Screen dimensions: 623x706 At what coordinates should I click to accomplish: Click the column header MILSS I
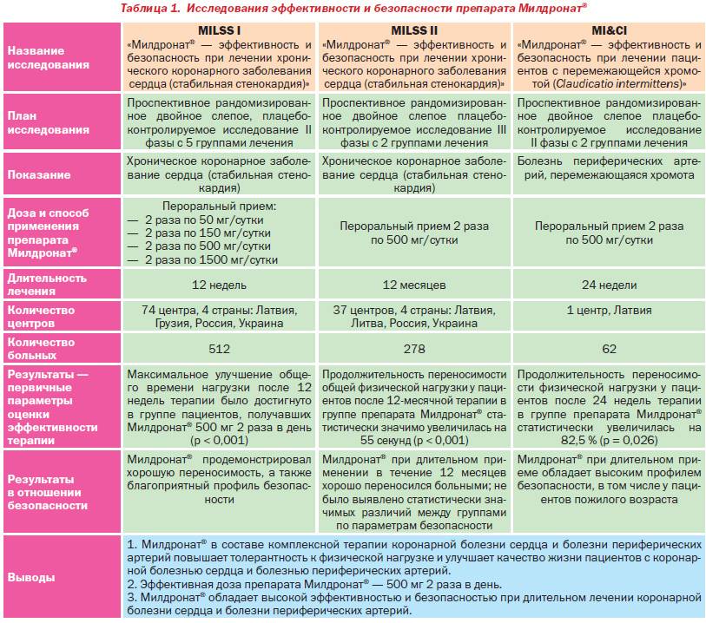point(220,30)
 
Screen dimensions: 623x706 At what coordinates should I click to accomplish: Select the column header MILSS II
point(413,30)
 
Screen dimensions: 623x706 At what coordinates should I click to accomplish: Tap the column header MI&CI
point(609,30)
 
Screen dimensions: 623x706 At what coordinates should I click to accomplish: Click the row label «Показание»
point(40,174)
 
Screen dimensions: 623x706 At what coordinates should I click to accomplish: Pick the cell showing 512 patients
point(220,349)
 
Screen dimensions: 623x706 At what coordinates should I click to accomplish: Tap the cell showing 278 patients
point(413,349)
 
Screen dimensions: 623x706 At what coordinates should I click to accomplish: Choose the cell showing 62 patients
point(609,349)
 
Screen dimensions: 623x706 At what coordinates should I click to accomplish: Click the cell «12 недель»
point(220,285)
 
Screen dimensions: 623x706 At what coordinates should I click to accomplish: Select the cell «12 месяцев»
point(413,285)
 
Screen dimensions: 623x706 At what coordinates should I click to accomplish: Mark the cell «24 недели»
point(609,285)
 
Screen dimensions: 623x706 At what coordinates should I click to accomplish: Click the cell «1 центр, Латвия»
point(609,311)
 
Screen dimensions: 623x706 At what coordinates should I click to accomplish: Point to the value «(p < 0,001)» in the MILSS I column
point(220,440)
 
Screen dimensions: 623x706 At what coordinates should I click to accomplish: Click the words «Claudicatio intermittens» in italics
point(622,83)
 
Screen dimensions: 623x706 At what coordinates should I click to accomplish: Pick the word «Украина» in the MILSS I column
point(260,323)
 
